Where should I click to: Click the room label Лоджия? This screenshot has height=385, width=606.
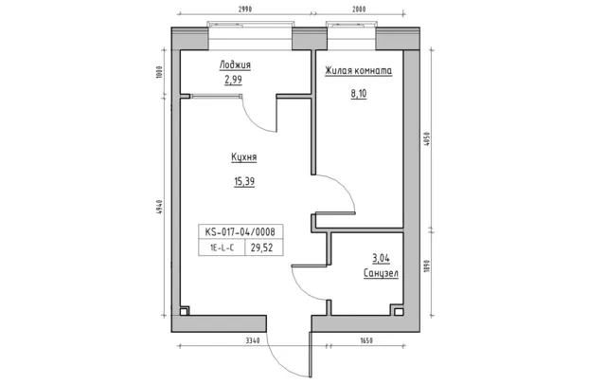pyautogui.click(x=235, y=64)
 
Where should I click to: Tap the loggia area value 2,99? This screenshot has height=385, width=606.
pyautogui.click(x=234, y=80)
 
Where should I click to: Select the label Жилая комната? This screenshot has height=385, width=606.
pyautogui.click(x=358, y=71)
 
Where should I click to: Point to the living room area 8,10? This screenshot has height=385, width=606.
pyautogui.click(x=359, y=94)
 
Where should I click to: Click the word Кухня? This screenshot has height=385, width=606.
pyautogui.click(x=244, y=157)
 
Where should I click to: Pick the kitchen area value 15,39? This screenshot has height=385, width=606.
pyautogui.click(x=244, y=181)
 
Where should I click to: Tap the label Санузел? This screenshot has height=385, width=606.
pyautogui.click(x=381, y=273)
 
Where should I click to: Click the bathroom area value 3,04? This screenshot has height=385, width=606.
pyautogui.click(x=381, y=258)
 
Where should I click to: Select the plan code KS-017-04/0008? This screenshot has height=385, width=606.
pyautogui.click(x=240, y=231)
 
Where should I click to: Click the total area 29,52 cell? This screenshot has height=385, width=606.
pyautogui.click(x=261, y=247)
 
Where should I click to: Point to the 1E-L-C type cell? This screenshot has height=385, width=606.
pyautogui.click(x=222, y=248)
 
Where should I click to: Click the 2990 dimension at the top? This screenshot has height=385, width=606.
pyautogui.click(x=245, y=9)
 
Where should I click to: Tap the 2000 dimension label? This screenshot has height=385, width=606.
pyautogui.click(x=359, y=9)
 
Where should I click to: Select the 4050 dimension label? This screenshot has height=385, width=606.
pyautogui.click(x=427, y=138)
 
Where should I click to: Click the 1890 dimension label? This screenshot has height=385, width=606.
pyautogui.click(x=427, y=266)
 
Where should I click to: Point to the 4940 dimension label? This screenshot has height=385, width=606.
pyautogui.click(x=161, y=208)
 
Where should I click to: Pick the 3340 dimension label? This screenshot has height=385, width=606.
pyautogui.click(x=253, y=340)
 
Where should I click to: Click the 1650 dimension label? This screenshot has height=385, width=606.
pyautogui.click(x=366, y=340)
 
